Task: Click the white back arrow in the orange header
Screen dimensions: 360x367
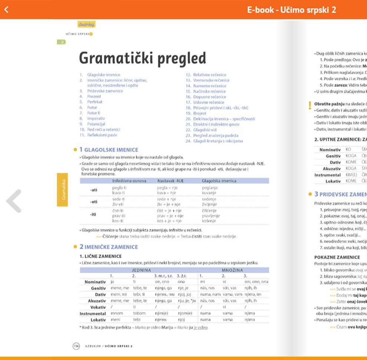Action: (x=6, y=10)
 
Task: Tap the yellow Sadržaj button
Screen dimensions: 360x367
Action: (x=87, y=24)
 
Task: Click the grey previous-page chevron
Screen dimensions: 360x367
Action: (x=14, y=201)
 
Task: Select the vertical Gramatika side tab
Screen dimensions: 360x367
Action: (x=64, y=189)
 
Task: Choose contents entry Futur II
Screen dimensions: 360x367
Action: (x=94, y=113)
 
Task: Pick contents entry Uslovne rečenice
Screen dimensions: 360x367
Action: (x=209, y=102)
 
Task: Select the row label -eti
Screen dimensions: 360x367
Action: (x=94, y=202)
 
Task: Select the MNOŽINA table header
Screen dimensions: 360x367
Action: (x=232, y=270)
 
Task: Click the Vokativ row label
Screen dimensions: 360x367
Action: (x=98, y=307)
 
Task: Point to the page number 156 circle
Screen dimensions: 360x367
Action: (x=76, y=346)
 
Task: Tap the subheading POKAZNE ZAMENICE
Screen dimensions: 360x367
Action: (x=332, y=257)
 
